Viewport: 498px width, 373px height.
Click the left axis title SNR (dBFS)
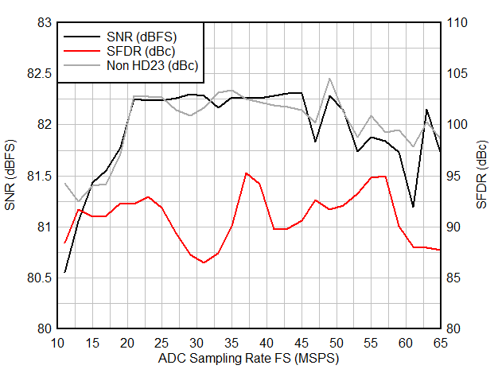pyautogui.click(x=10, y=176)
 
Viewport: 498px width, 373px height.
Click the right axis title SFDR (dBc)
pyautogui.click(x=482, y=176)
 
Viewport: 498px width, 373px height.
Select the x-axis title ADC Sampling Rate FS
pyautogui.click(x=248, y=359)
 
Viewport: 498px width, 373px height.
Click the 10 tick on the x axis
pyautogui.click(x=57, y=343)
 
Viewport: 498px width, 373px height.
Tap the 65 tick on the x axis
pyautogui.click(x=440, y=343)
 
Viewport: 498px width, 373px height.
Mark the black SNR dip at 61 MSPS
pyautogui.click(x=413, y=207)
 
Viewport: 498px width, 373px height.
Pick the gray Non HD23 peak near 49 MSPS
pyautogui.click(x=329, y=79)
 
